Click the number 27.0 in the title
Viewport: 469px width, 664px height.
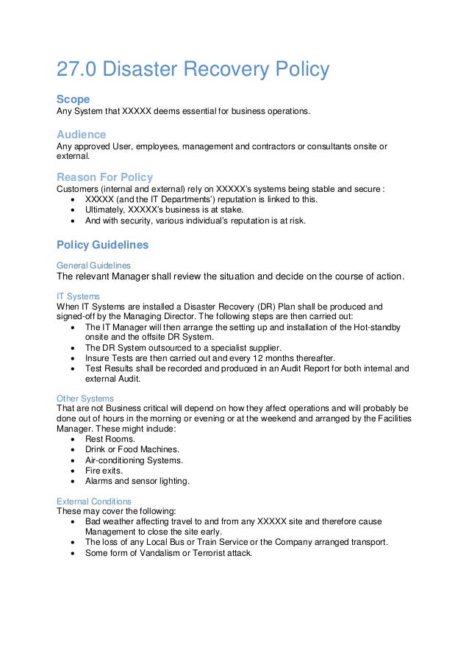(x=76, y=70)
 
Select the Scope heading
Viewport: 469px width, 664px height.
(x=74, y=99)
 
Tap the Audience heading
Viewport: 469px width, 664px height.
(x=82, y=134)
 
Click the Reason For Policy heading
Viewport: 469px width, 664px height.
(x=105, y=176)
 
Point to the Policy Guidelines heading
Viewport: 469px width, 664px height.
(x=102, y=244)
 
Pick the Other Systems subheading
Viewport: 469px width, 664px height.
(x=85, y=398)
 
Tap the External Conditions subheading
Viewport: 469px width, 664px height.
(x=95, y=501)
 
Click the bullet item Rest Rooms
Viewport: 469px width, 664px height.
(x=106, y=439)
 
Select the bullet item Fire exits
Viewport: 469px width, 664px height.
(x=104, y=470)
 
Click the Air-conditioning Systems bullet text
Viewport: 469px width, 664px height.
(x=134, y=460)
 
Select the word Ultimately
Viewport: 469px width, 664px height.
(x=106, y=210)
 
